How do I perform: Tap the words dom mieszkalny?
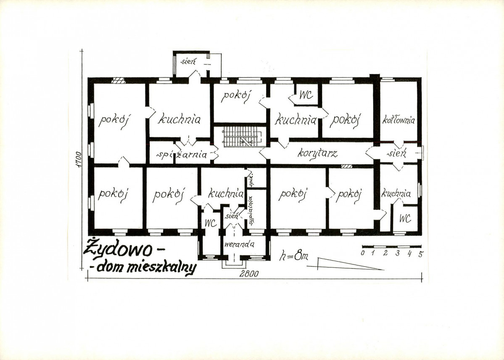coord(146,267)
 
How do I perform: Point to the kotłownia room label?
coord(398,120)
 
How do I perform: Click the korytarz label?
coord(317,153)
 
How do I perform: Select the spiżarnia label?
coord(182,155)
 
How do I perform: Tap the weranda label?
coord(240,244)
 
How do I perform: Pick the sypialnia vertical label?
coord(251,210)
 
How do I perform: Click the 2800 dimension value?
coord(249,274)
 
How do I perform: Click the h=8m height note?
coord(293,256)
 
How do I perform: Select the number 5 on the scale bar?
coord(420,254)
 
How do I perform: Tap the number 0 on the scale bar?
coord(363,253)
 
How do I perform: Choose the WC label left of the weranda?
coord(211,223)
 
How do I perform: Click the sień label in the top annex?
coord(188,61)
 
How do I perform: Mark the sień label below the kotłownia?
coord(397,153)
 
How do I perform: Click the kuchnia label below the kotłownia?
coord(396,194)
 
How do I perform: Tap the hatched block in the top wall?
coord(118,80)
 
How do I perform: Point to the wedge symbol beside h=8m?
coord(345,264)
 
